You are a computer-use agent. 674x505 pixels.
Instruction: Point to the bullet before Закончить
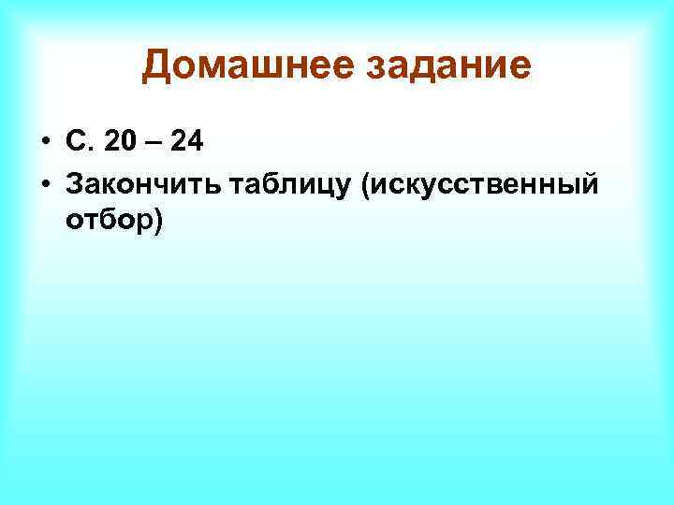44,186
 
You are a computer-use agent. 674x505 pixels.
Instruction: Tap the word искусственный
488,187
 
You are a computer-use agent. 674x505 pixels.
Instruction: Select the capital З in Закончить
75,186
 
